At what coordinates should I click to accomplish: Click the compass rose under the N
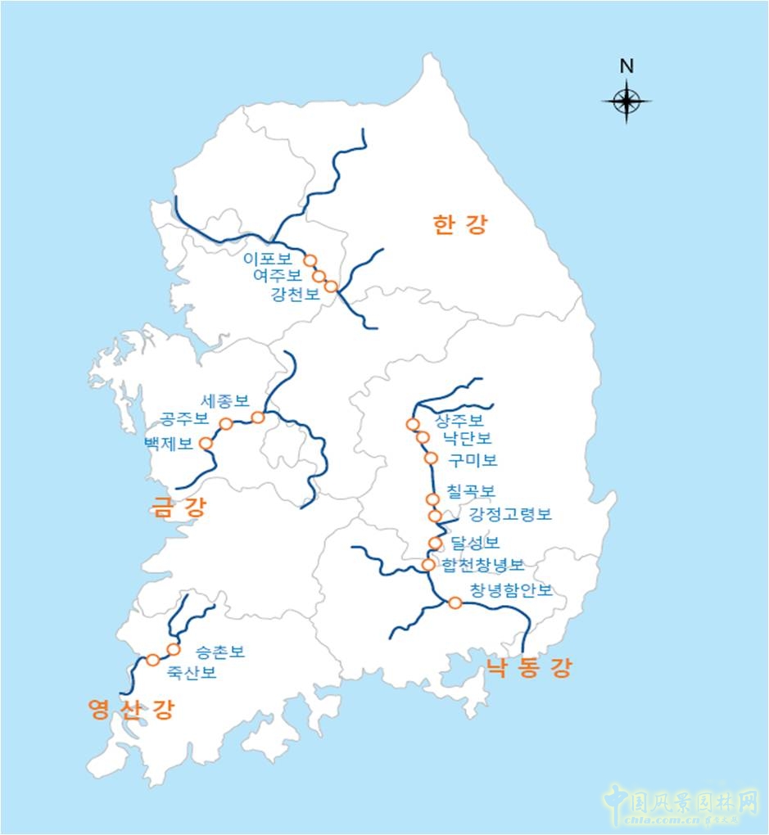[627, 102]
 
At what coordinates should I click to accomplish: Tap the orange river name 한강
[459, 225]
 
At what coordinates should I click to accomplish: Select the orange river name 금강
[179, 508]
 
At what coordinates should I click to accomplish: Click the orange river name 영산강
[131, 709]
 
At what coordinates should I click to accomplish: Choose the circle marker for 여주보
[319, 276]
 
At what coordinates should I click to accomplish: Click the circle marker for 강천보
[331, 287]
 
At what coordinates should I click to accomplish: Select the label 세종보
[224, 401]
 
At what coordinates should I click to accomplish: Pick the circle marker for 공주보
[226, 424]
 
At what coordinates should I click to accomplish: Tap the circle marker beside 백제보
[206, 444]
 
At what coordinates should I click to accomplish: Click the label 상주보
[459, 421]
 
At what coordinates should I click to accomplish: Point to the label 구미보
[473, 459]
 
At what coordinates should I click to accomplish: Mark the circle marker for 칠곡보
[433, 499]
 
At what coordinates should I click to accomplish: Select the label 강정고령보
[510, 515]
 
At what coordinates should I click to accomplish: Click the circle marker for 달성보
[436, 544]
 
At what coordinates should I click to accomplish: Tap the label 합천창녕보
[482, 565]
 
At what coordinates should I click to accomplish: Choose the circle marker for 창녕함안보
[455, 603]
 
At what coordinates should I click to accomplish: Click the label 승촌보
[219, 652]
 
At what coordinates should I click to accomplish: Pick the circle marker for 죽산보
[153, 660]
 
